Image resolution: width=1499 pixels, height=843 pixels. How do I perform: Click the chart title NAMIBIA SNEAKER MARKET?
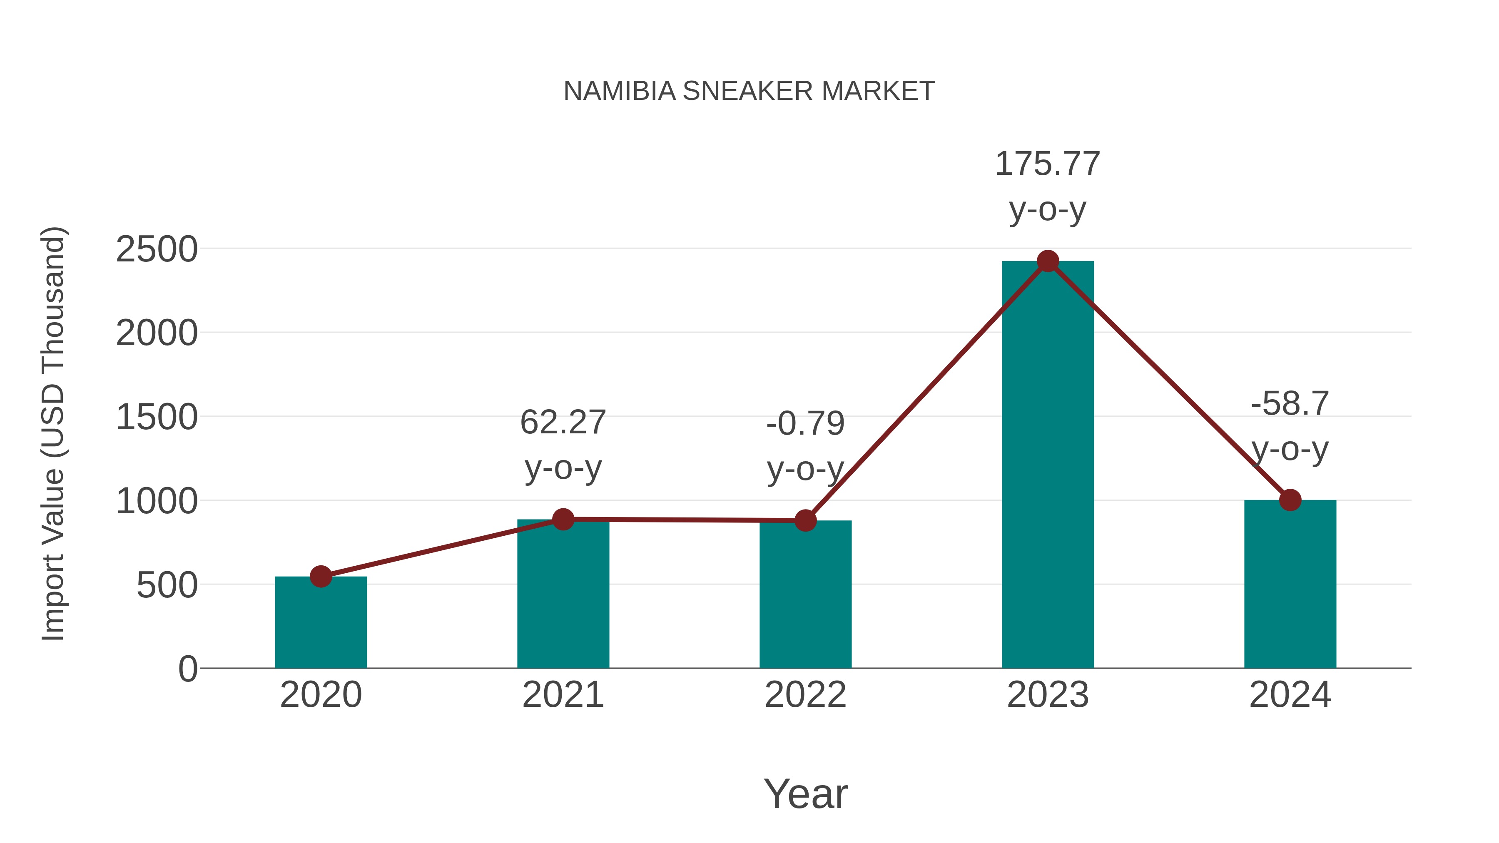[x=749, y=91]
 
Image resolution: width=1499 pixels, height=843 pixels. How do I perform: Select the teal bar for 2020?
[x=321, y=622]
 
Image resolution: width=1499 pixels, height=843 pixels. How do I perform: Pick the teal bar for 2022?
[x=805, y=594]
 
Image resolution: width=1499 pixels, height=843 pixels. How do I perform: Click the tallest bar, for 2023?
[x=1048, y=465]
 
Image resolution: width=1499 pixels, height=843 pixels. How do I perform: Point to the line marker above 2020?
[x=321, y=577]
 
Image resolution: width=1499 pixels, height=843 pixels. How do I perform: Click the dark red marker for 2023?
[x=1048, y=261]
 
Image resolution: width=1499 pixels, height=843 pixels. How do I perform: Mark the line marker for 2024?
[x=1290, y=500]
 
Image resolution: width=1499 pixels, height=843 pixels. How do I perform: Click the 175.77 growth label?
[x=1048, y=164]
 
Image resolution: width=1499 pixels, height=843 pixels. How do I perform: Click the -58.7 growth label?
[x=1290, y=404]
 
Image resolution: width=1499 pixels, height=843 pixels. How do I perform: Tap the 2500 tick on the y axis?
[x=157, y=250]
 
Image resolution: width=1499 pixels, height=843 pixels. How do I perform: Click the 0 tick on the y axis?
[x=187, y=669]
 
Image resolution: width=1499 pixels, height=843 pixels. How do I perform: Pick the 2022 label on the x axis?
[x=805, y=695]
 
